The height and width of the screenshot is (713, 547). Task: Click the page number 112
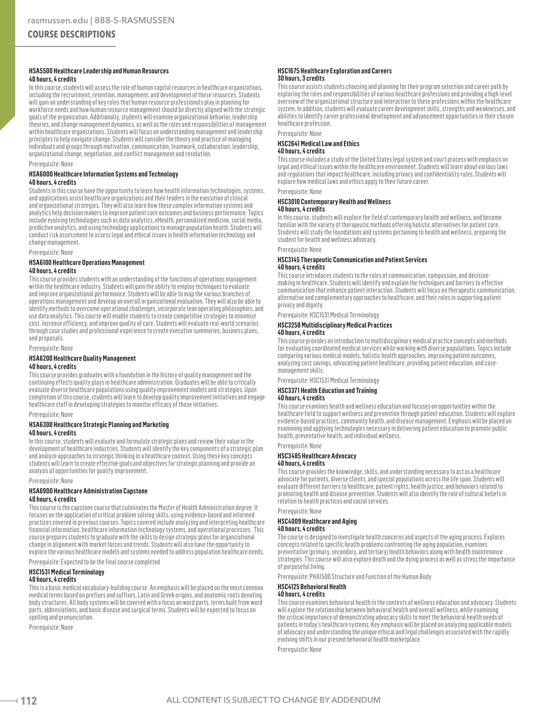28,701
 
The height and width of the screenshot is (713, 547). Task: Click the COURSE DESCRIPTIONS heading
71,35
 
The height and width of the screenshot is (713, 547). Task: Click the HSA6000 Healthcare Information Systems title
103,174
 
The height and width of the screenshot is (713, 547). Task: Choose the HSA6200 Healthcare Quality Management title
82,358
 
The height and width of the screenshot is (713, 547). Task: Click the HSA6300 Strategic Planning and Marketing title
99,425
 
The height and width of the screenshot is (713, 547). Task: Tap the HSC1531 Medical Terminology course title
66,572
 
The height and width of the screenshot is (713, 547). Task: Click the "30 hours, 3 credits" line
301,78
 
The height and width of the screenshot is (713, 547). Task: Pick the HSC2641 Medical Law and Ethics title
318,144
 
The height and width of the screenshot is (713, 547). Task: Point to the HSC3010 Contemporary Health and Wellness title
334,202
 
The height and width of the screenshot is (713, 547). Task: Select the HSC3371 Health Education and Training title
327,391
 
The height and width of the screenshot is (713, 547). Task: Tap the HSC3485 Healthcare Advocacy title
317,456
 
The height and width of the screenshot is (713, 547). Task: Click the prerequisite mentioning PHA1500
354,577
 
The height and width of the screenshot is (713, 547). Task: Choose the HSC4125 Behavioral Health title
312,587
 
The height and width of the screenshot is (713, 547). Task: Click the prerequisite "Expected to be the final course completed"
94,562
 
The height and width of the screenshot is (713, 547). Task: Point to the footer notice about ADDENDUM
273,700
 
